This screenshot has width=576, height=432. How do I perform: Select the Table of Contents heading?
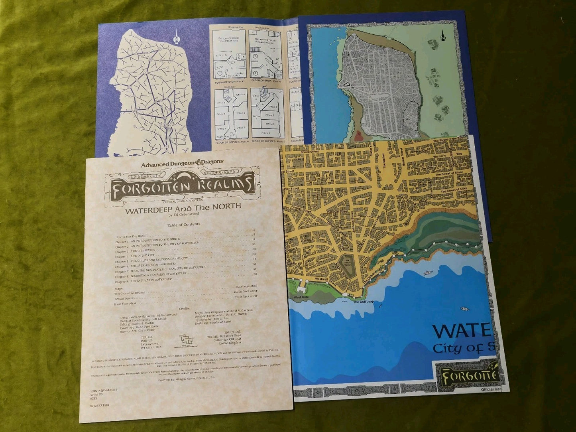(181, 225)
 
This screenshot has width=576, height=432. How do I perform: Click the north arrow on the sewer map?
(175, 38)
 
